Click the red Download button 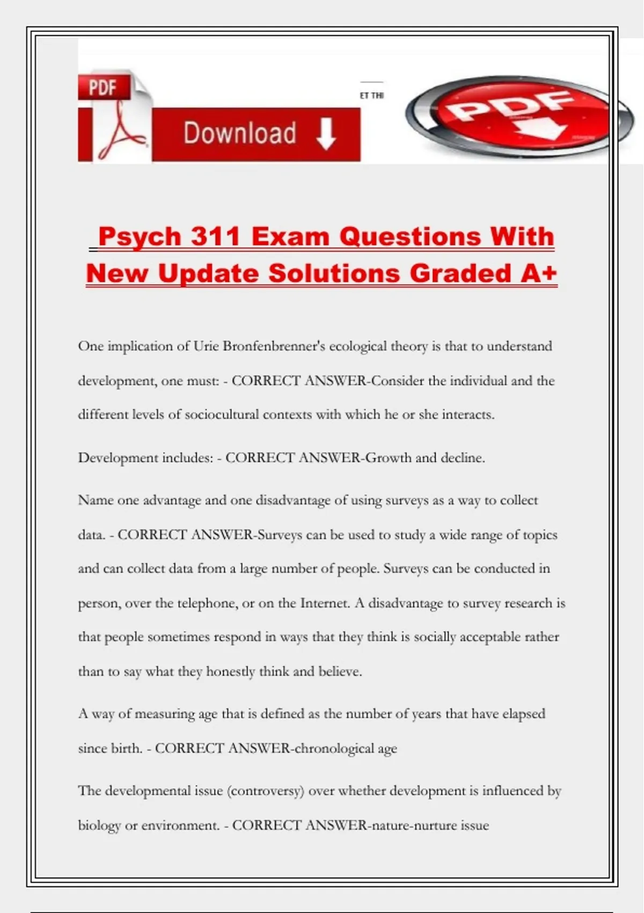255,134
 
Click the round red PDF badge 508,116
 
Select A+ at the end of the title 539,273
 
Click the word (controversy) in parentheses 266,791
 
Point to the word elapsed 523,714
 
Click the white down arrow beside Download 326,134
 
